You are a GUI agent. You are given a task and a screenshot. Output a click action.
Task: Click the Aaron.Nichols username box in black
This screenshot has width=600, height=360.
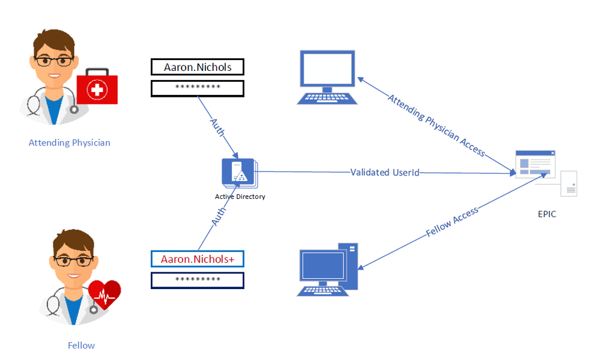click(x=198, y=67)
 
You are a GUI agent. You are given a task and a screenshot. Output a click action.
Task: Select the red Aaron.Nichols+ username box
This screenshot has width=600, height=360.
click(x=198, y=259)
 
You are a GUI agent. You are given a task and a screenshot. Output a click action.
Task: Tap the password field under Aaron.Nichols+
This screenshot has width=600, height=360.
click(x=198, y=280)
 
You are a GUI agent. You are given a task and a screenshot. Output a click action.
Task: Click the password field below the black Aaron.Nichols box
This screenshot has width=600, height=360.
click(x=198, y=88)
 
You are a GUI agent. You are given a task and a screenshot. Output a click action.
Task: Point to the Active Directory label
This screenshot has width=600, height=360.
click(x=240, y=197)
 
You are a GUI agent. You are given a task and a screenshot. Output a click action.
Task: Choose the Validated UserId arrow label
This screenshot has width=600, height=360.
click(x=384, y=172)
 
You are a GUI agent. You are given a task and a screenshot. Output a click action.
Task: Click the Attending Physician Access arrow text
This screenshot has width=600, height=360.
click(x=435, y=125)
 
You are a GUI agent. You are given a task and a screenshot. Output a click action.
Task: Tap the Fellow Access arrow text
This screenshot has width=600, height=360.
click(x=452, y=221)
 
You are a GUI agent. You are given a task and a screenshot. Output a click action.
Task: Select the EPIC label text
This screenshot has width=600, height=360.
click(x=547, y=213)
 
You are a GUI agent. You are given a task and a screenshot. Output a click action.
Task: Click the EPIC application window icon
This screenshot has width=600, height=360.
click(x=536, y=163)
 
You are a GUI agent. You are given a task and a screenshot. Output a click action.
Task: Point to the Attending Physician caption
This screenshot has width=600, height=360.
click(x=70, y=143)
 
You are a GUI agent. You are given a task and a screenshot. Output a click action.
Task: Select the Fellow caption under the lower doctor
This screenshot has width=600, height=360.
click(x=81, y=346)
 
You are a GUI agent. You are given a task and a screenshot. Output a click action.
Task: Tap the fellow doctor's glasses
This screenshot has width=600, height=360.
click(x=73, y=261)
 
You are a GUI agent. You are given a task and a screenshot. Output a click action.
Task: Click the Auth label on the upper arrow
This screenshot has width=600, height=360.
click(x=217, y=127)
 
